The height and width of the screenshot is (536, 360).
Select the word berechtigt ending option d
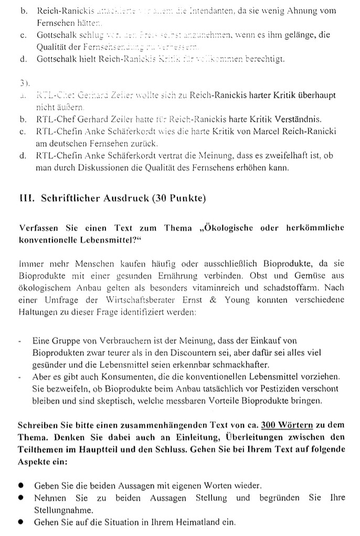(266, 59)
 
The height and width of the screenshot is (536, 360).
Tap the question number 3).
(23, 83)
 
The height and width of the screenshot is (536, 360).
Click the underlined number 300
(269, 426)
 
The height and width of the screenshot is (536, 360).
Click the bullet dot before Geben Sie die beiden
(21, 485)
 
